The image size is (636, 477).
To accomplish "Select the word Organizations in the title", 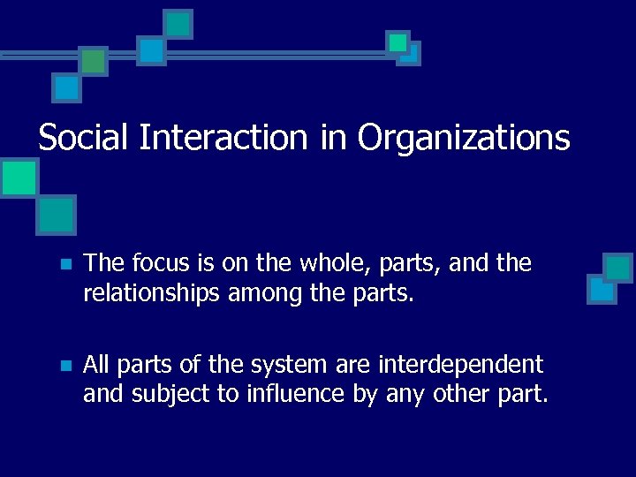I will [x=463, y=140].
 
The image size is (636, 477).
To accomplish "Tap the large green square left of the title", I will [x=19, y=178].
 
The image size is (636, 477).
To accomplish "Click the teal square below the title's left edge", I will [x=57, y=214].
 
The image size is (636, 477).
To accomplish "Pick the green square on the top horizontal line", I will [x=92, y=61].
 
